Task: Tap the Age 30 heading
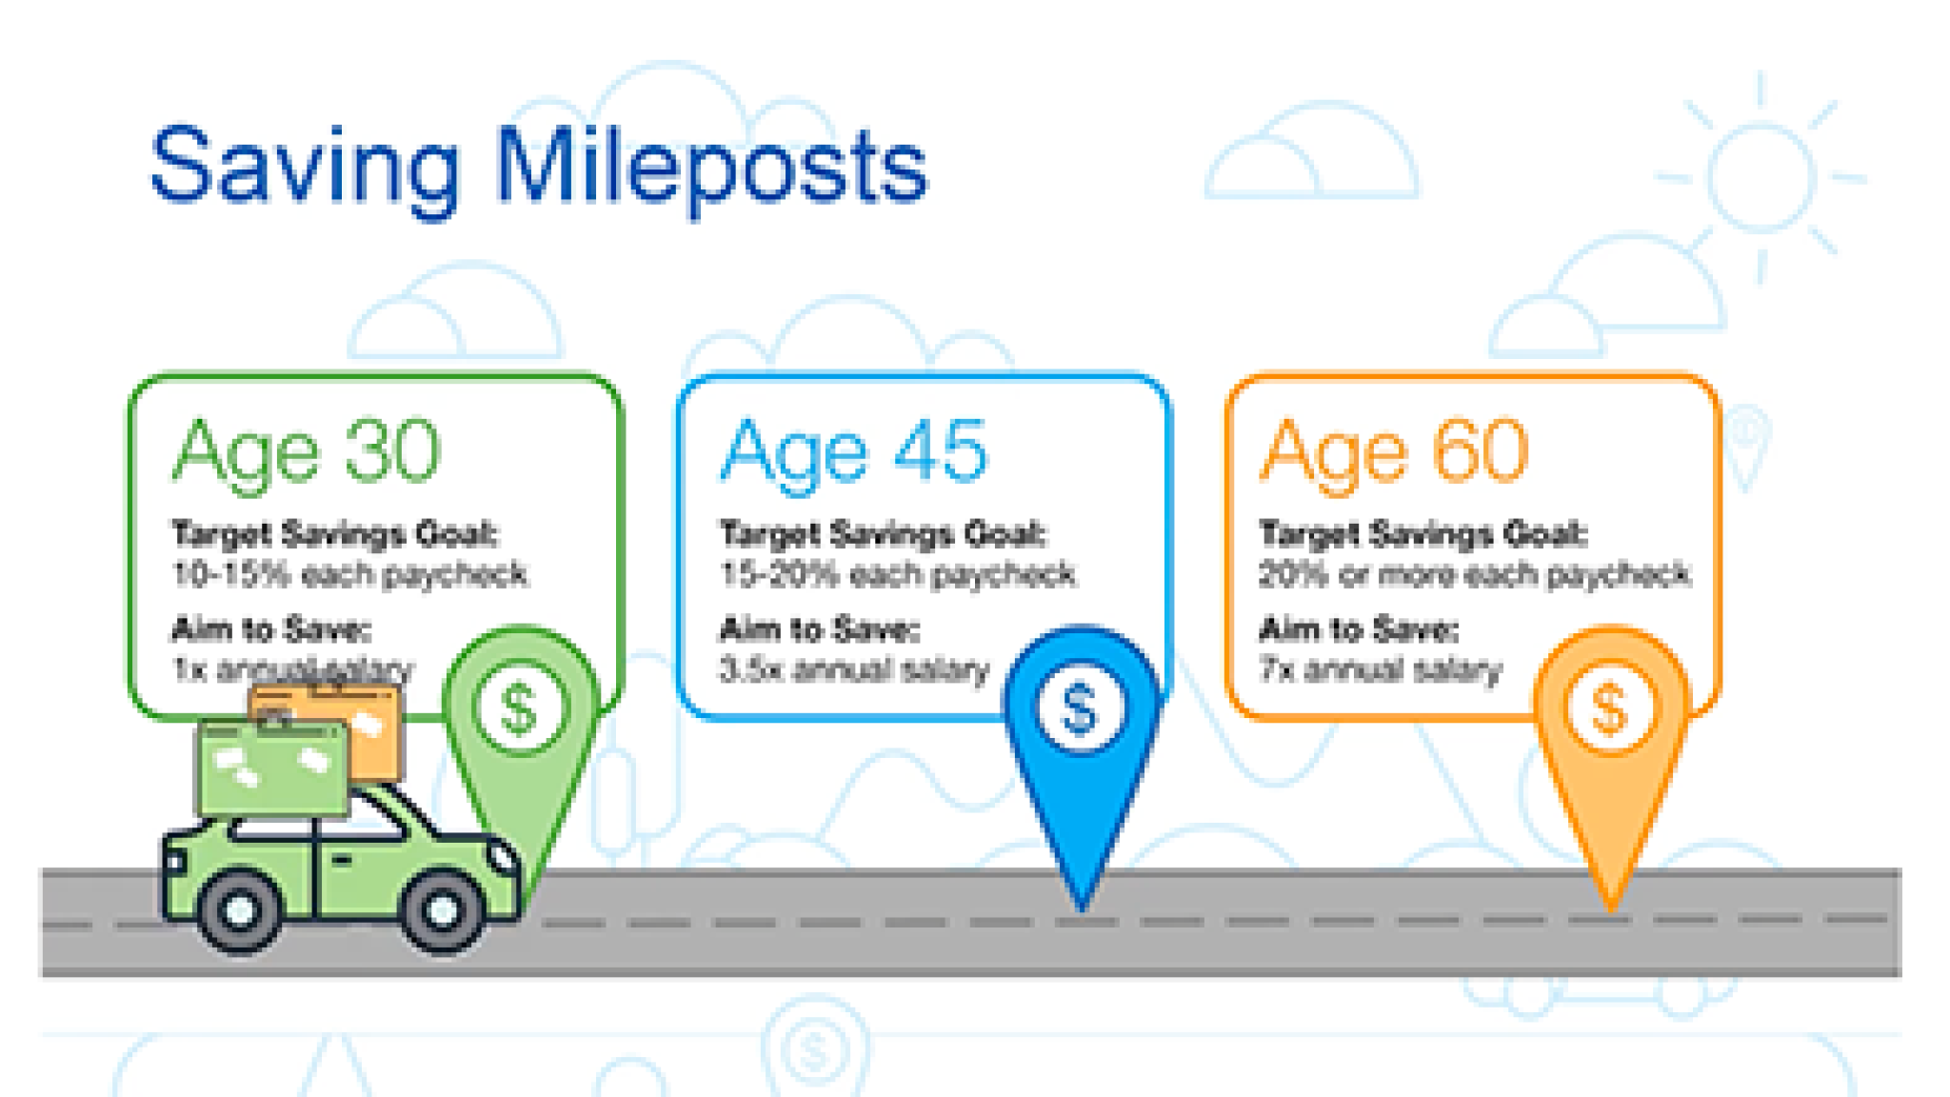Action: pyautogui.click(x=306, y=453)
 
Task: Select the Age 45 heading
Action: pyautogui.click(x=853, y=453)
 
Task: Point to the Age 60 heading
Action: pyautogui.click(x=1395, y=453)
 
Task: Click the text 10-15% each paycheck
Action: pyautogui.click(x=349, y=574)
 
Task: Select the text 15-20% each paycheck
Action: pyautogui.click(x=898, y=574)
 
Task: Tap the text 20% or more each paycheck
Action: pyautogui.click(x=1474, y=574)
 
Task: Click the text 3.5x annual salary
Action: pyautogui.click(x=854, y=669)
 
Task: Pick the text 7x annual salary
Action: pyautogui.click(x=1380, y=669)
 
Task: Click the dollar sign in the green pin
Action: pyautogui.click(x=519, y=709)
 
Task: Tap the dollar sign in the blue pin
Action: pyautogui.click(x=1079, y=709)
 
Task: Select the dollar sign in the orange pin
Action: pyautogui.click(x=1609, y=709)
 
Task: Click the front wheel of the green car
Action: pyautogui.click(x=441, y=909)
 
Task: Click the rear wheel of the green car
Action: pyautogui.click(x=239, y=909)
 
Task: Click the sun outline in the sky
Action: pyautogui.click(x=1760, y=177)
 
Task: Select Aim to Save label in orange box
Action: pyautogui.click(x=1359, y=629)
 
